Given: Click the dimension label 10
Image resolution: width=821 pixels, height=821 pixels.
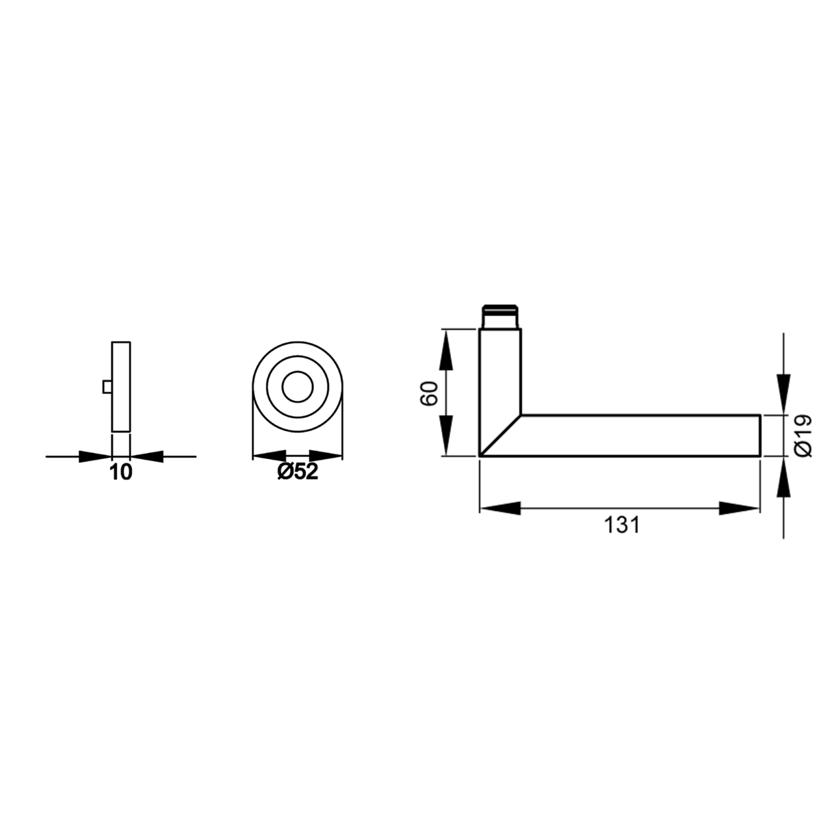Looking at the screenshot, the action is point(121,473).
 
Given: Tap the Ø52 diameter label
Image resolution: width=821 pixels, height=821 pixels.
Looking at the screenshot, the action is point(298,471).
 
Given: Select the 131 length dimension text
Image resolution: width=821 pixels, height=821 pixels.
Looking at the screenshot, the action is point(622,525).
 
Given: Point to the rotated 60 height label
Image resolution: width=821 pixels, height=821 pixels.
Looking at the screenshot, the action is point(429,393).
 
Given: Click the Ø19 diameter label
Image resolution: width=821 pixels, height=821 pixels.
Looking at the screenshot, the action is point(803,436).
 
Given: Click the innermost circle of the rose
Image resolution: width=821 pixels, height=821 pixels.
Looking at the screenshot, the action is point(298,387).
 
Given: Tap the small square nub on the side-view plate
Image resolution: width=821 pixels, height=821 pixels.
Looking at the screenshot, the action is point(107,387).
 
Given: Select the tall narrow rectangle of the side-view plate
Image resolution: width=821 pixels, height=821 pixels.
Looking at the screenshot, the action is point(121,387).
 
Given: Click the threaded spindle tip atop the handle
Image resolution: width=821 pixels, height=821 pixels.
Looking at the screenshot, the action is point(500,317).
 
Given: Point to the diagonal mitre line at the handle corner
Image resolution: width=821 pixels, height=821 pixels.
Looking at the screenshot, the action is point(501,435).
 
